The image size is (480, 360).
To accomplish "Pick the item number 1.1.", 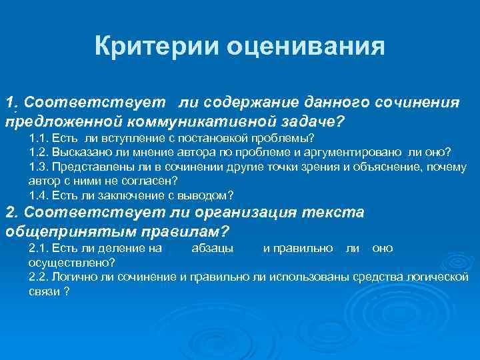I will (x=39, y=139).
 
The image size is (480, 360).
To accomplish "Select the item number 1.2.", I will (x=39, y=152).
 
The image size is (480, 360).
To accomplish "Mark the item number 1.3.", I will (x=39, y=167).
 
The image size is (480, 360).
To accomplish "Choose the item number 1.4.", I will (x=39, y=195).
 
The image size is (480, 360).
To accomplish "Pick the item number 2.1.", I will (x=39, y=248).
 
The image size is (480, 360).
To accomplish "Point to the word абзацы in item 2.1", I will (x=212, y=248).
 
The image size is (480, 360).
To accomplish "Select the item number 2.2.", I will (x=39, y=277).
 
